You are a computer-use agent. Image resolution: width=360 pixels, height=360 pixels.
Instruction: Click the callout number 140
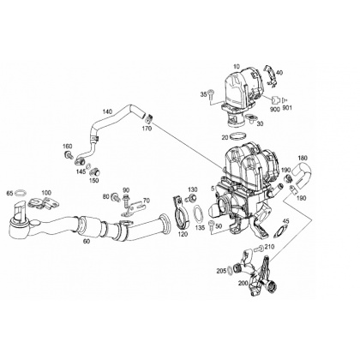[107, 111]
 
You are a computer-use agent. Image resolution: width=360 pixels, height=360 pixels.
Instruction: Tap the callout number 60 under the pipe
[87, 241]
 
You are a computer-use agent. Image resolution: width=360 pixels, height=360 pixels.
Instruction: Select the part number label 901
[287, 108]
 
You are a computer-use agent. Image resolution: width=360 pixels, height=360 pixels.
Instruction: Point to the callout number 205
[221, 271]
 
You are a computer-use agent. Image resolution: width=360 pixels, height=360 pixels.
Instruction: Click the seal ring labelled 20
[237, 136]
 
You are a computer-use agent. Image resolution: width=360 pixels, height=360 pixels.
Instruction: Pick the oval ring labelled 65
[21, 193]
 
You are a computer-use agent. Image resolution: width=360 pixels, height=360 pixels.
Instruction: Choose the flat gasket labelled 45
[281, 231]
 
